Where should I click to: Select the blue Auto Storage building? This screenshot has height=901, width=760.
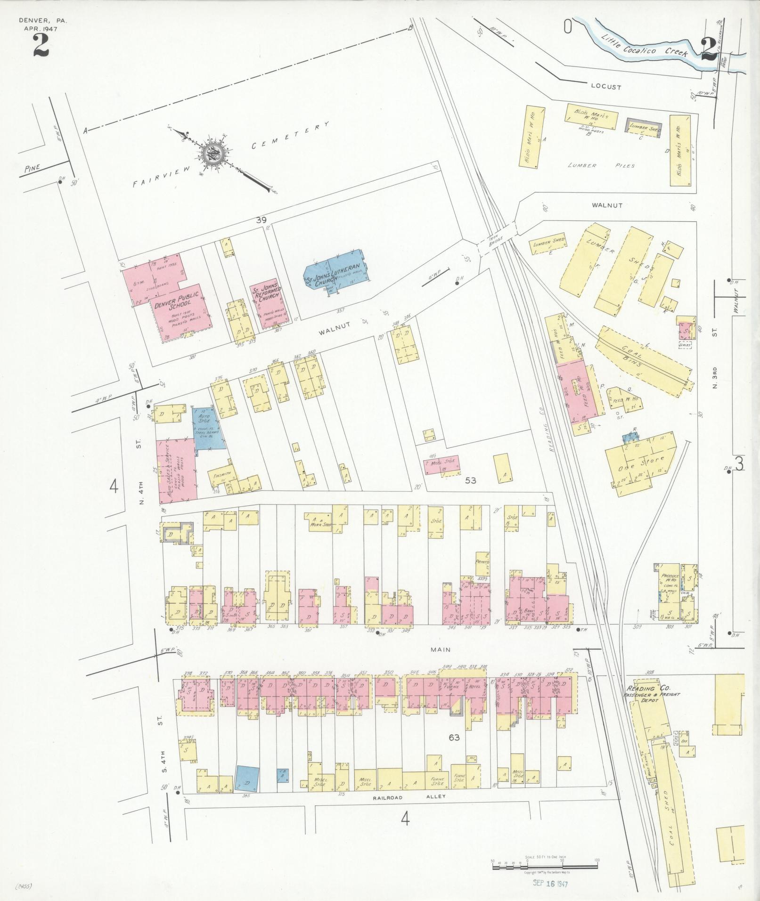click(208, 426)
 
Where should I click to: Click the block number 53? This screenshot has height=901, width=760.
click(471, 480)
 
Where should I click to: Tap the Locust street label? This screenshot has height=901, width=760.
click(605, 87)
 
